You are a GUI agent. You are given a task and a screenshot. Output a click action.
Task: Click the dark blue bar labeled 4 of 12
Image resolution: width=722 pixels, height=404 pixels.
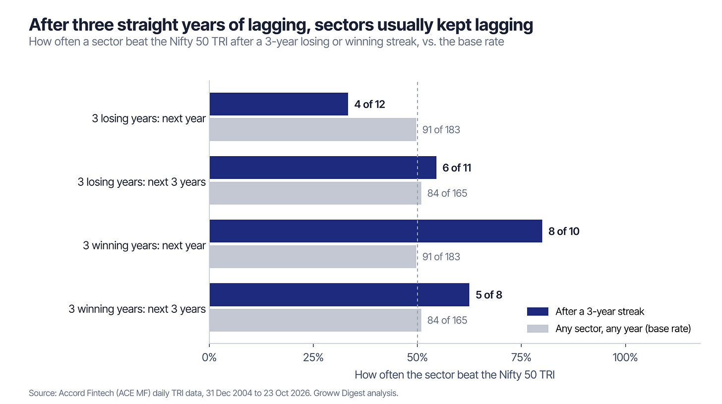click(x=279, y=104)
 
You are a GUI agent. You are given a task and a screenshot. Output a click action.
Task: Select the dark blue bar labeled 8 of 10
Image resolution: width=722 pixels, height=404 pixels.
click(x=376, y=231)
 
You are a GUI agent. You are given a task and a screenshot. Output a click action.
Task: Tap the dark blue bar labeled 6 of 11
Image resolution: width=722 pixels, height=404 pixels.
click(x=323, y=168)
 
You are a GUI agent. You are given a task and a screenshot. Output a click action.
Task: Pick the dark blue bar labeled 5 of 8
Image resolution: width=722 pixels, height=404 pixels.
click(x=339, y=294)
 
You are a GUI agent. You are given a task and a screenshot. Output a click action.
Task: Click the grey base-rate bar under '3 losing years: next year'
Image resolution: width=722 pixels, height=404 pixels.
click(x=312, y=129)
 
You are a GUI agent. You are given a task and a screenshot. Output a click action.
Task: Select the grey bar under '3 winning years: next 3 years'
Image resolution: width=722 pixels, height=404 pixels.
click(x=315, y=320)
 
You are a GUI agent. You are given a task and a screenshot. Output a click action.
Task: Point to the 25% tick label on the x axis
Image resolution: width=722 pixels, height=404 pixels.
click(x=313, y=357)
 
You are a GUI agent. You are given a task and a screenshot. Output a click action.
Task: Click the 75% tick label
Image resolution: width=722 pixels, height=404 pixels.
click(x=521, y=357)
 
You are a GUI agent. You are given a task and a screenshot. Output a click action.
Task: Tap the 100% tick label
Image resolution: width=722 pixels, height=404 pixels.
click(x=625, y=357)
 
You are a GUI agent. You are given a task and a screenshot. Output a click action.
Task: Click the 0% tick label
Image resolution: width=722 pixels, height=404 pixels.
click(x=209, y=357)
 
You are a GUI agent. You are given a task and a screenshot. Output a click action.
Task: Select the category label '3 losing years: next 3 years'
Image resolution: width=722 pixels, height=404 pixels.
click(x=141, y=182)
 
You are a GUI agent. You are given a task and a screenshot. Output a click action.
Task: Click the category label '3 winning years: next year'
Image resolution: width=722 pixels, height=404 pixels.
click(x=144, y=245)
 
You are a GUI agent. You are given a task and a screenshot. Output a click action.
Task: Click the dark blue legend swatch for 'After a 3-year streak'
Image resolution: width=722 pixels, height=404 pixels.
click(x=538, y=311)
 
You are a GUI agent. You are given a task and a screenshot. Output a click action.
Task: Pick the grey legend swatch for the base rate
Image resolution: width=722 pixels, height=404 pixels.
click(x=538, y=329)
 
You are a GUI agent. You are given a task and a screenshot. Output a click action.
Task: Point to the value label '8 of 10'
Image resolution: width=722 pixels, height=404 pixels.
click(x=564, y=231)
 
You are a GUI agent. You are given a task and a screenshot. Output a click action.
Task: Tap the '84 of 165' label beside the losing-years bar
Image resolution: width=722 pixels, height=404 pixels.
click(x=447, y=193)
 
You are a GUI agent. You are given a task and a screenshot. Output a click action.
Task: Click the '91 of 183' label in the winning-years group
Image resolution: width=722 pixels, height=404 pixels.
click(x=441, y=256)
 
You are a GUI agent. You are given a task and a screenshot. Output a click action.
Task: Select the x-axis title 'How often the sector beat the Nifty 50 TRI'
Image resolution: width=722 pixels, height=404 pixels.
click(x=454, y=375)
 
